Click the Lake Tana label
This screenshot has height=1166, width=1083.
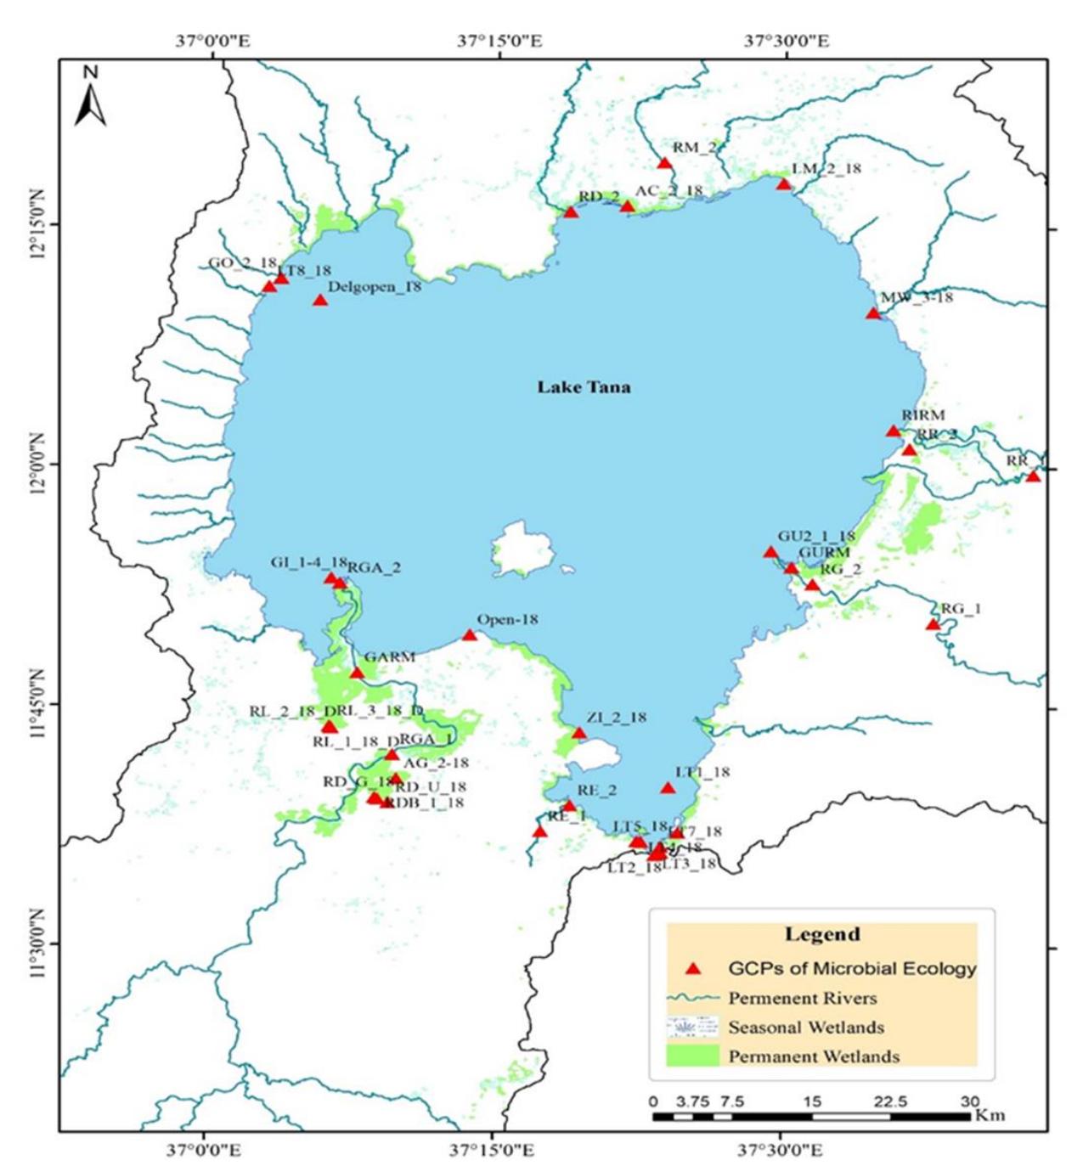(x=584, y=387)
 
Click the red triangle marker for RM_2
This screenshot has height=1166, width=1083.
(x=664, y=163)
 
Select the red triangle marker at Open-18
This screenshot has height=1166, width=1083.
(x=470, y=635)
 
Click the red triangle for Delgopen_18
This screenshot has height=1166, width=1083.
(x=320, y=300)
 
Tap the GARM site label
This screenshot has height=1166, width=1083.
(x=389, y=656)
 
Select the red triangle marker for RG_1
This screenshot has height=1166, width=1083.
(x=933, y=624)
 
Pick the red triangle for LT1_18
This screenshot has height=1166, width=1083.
(x=668, y=788)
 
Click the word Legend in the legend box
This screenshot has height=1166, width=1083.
(x=821, y=934)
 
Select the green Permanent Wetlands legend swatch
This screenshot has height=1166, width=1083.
(x=691, y=1056)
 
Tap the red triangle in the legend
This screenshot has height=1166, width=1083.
(x=693, y=968)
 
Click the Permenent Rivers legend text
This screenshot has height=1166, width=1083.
(x=802, y=998)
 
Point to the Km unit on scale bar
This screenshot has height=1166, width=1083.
(x=990, y=1114)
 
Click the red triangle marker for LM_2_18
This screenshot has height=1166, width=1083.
(x=783, y=183)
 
